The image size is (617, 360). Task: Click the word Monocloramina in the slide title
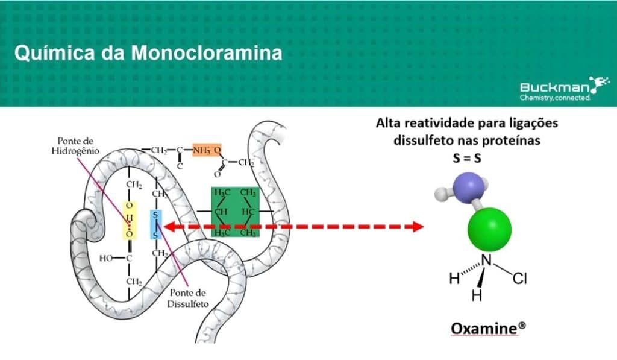tap(207, 53)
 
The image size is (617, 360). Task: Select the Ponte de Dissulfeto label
tap(187, 298)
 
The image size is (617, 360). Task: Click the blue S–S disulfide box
tap(155, 226)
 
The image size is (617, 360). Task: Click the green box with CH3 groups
tap(235, 212)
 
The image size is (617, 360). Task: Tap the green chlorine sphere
tap(489, 227)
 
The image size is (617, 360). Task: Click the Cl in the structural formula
tap(520, 279)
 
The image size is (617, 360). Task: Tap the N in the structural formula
tap(487, 261)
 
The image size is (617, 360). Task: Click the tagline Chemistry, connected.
tap(555, 98)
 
